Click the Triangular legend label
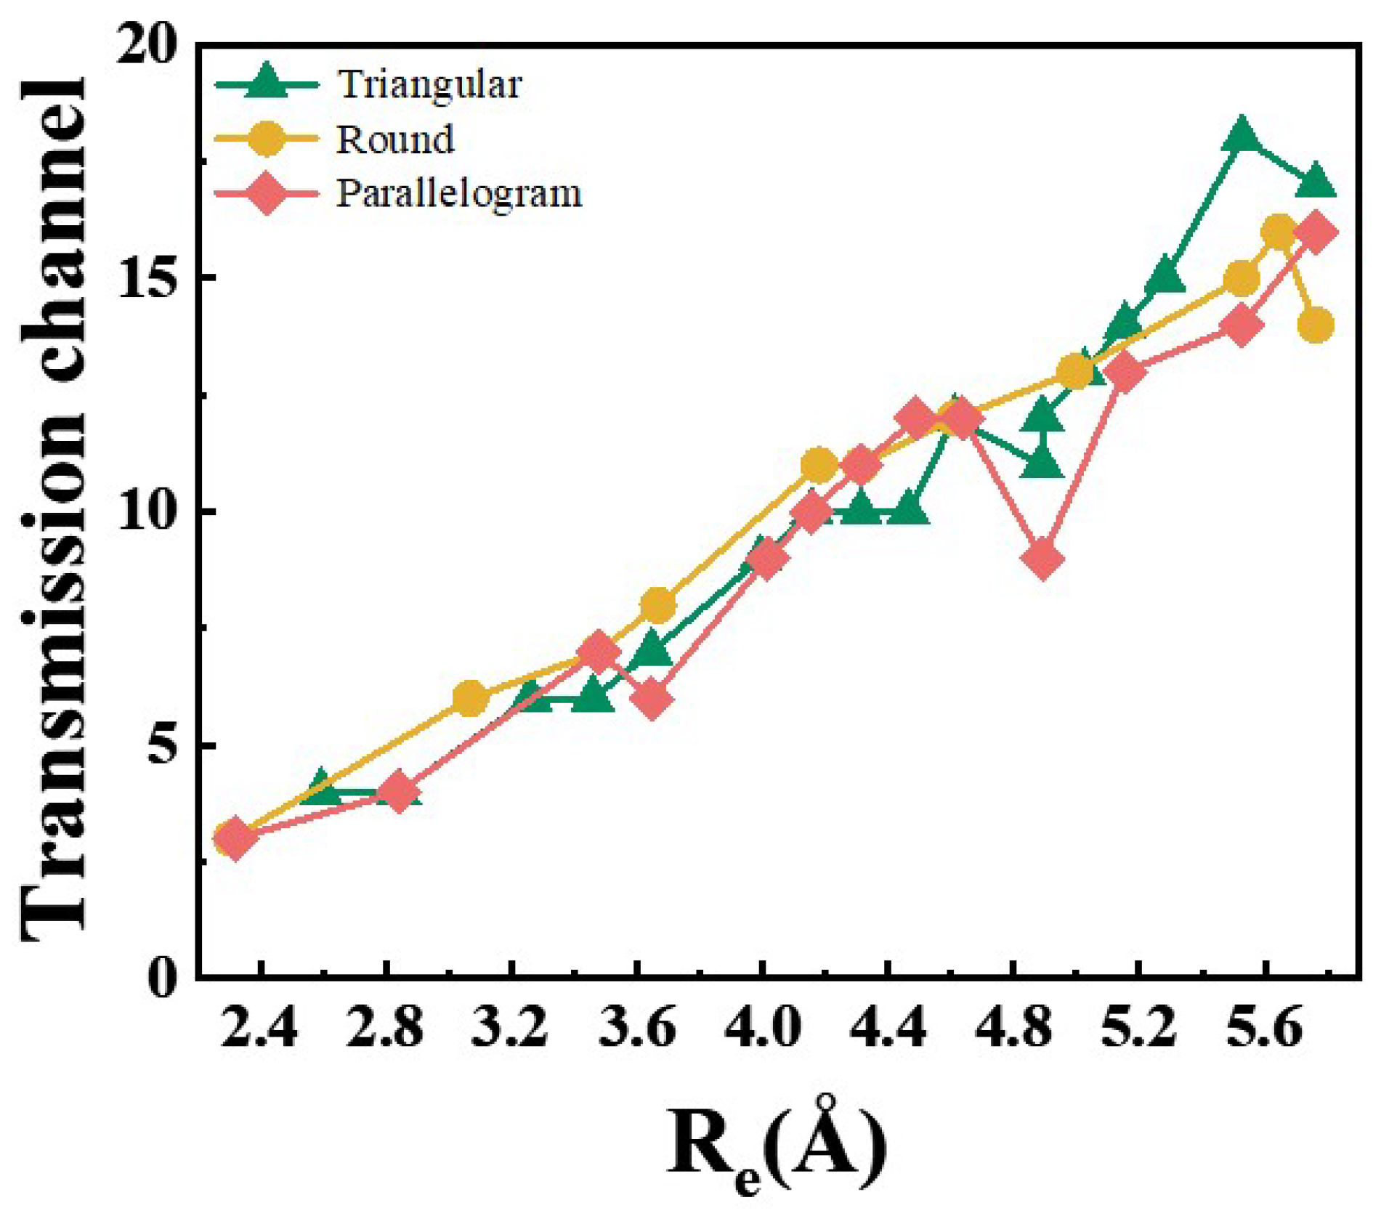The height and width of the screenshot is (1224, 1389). coord(429,85)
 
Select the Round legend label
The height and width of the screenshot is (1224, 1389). coord(395,139)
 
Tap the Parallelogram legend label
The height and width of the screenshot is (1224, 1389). coord(459,194)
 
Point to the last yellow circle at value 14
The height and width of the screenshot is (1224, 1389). coord(1316,325)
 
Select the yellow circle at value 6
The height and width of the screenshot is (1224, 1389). coord(470,698)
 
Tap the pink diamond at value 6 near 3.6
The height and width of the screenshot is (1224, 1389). coord(652,700)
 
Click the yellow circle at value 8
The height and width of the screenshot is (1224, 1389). coord(658,605)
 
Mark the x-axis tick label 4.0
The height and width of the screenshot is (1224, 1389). coord(761,1029)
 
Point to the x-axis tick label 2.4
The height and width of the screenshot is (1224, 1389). coord(259,1029)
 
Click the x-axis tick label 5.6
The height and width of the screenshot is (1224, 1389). coord(1264,1029)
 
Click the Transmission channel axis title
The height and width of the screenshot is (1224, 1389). coord(54,508)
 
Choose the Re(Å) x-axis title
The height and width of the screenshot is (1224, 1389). coord(776,1146)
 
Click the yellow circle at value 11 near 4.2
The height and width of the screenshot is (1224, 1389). coord(819,465)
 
